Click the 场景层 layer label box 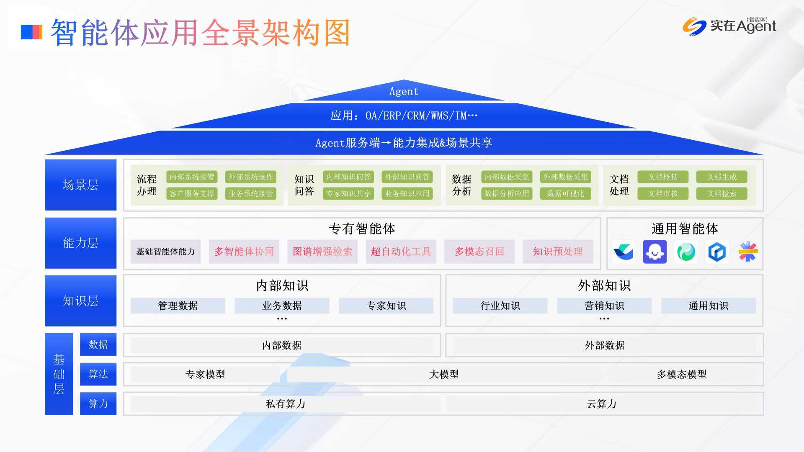tap(80, 185)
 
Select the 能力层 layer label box tap(80, 243)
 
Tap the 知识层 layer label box tap(80, 300)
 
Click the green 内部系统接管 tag tap(192, 177)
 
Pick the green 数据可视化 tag tap(565, 193)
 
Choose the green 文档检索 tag tap(722, 193)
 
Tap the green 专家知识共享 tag tap(348, 193)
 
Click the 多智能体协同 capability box tap(244, 252)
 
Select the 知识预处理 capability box tap(558, 252)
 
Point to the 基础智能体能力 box tap(165, 252)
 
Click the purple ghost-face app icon tap(655, 252)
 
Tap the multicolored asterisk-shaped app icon tap(748, 252)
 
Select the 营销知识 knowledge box tap(604, 306)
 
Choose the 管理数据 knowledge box tap(178, 306)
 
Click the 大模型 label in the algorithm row tap(444, 374)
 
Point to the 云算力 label tap(602, 404)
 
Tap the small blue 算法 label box tap(98, 374)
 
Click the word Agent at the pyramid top tap(404, 91)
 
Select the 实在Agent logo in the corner tap(729, 26)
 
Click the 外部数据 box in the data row tap(604, 345)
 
